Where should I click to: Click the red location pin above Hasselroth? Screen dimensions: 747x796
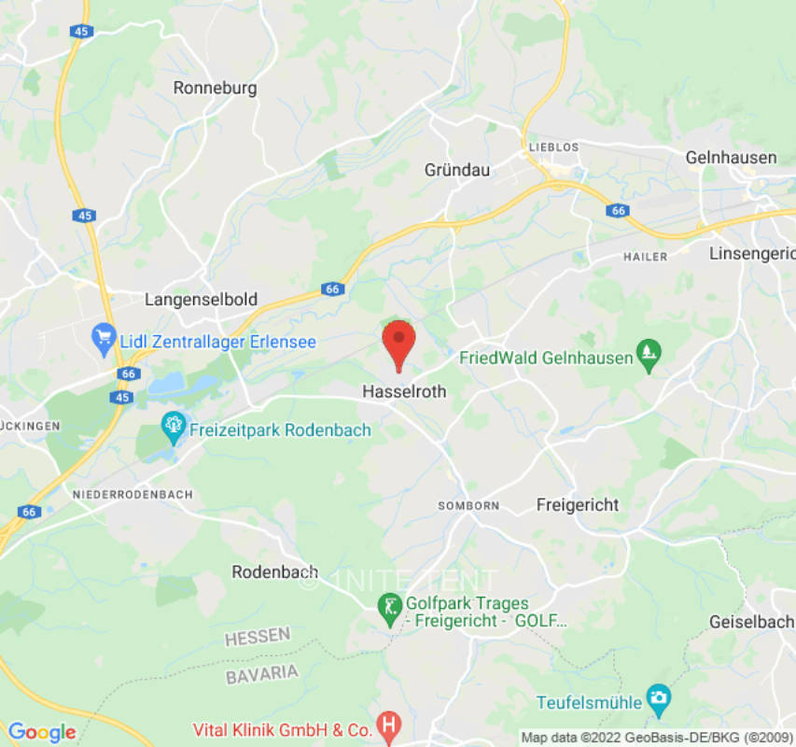pyautogui.click(x=399, y=342)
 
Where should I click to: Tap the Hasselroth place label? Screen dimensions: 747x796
pyautogui.click(x=404, y=393)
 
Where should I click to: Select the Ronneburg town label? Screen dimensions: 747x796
pyautogui.click(x=215, y=88)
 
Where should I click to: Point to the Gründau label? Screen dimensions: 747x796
pyautogui.click(x=457, y=170)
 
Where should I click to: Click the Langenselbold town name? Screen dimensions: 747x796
pyautogui.click(x=201, y=300)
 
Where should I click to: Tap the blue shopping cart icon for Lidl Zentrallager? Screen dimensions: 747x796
pyautogui.click(x=104, y=339)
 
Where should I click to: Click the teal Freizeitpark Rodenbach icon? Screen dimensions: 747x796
pyautogui.click(x=174, y=429)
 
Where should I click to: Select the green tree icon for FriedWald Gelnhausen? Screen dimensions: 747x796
pyautogui.click(x=649, y=355)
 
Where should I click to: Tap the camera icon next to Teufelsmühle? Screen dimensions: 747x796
pyautogui.click(x=659, y=698)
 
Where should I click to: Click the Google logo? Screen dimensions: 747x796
pyautogui.click(x=41, y=732)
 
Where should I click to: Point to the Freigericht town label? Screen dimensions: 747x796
pyautogui.click(x=578, y=505)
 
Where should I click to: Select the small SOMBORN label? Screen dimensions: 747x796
pyautogui.click(x=468, y=505)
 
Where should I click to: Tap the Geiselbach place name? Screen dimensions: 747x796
pyautogui.click(x=750, y=622)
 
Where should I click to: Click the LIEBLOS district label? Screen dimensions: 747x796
pyautogui.click(x=553, y=148)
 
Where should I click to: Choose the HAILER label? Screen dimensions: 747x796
pyautogui.click(x=646, y=257)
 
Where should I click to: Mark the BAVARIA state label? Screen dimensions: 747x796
pyautogui.click(x=262, y=673)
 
